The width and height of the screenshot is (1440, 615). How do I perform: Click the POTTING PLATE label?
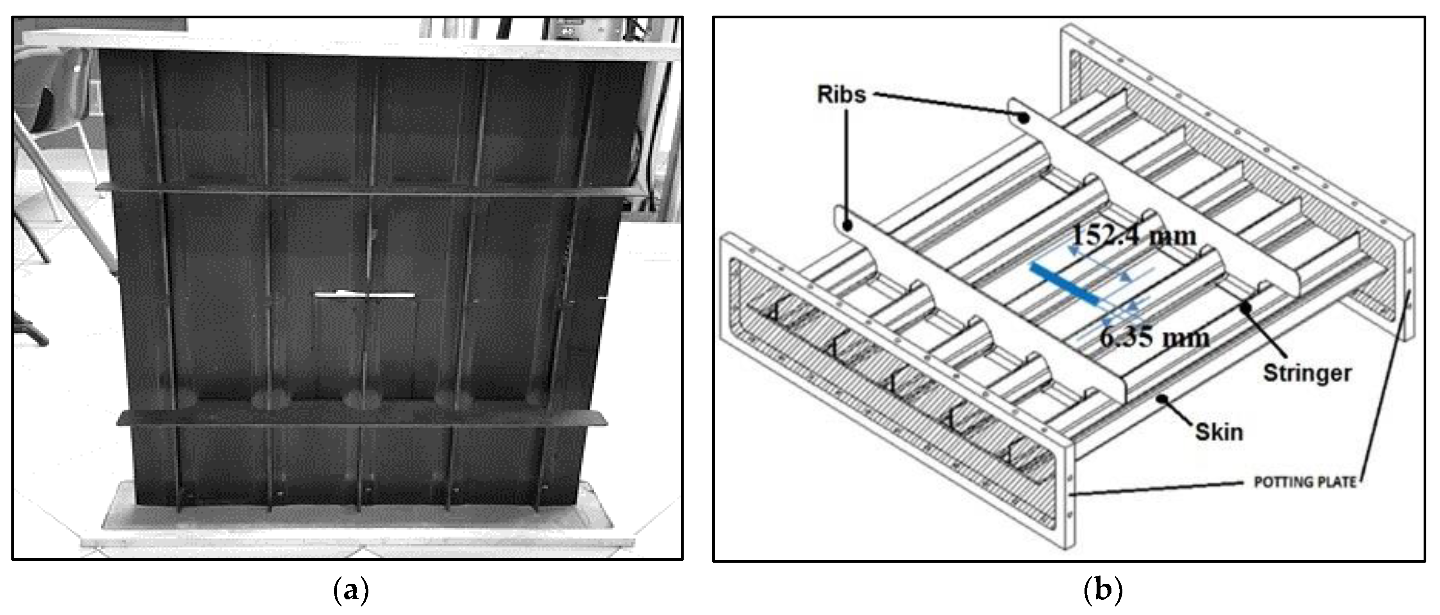[1305, 482]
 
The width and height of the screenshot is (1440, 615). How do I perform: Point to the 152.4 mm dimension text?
[1133, 236]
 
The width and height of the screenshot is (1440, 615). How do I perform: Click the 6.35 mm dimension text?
[1154, 337]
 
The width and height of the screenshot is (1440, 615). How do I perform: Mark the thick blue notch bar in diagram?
[1064, 285]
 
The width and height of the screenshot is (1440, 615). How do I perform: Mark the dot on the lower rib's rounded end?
[847, 226]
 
